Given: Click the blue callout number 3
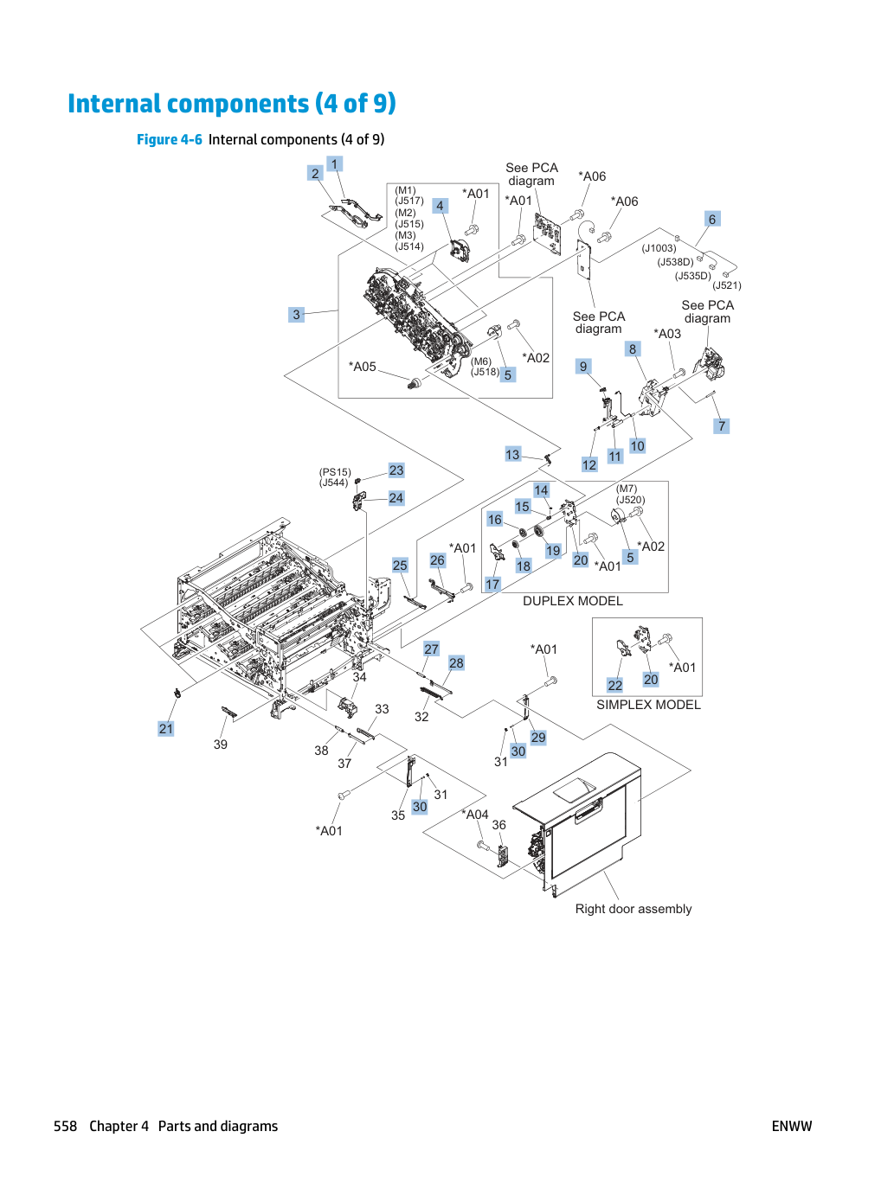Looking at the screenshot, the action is (296, 314).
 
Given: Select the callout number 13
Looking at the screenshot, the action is (512, 455).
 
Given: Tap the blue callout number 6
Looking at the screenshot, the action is (712, 219).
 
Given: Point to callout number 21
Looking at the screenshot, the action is (166, 729).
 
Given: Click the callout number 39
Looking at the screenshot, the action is (220, 745).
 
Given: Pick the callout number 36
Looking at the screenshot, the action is (498, 824).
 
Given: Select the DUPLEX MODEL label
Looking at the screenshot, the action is (573, 601).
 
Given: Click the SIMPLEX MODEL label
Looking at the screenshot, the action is (648, 704).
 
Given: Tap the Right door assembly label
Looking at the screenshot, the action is (634, 909).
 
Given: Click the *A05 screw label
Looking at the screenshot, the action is (362, 367).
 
